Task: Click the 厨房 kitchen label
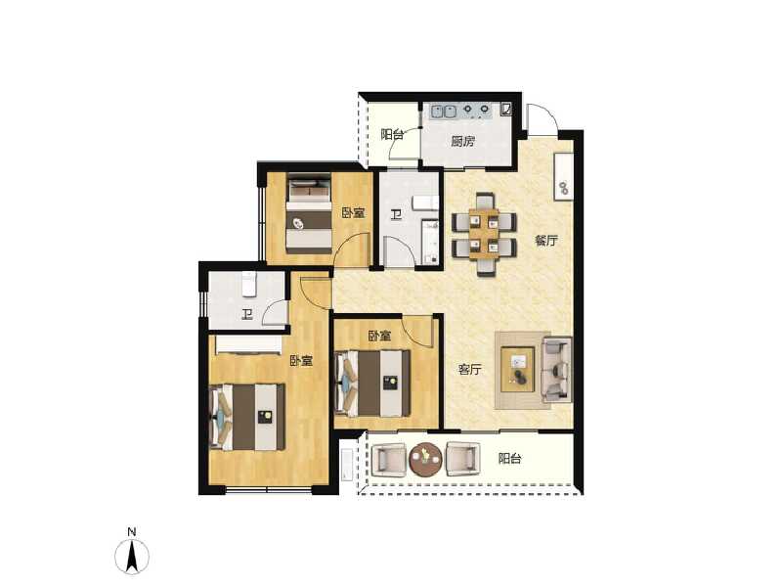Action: (462, 141)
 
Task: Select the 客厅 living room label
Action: (470, 370)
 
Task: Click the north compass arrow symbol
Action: (132, 558)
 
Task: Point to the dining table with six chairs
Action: (484, 235)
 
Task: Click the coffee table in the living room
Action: (518, 369)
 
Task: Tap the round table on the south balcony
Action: (425, 459)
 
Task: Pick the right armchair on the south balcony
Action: (461, 458)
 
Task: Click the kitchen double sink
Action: (442, 110)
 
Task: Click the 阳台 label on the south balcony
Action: (509, 457)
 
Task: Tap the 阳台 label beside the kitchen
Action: (392, 135)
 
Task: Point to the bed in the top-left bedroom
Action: (310, 213)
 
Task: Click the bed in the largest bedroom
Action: (247, 417)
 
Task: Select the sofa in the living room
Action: (557, 369)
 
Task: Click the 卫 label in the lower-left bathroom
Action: (247, 314)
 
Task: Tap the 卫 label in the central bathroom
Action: (395, 215)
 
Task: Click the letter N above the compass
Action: (131, 532)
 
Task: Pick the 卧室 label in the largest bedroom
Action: (301, 361)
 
